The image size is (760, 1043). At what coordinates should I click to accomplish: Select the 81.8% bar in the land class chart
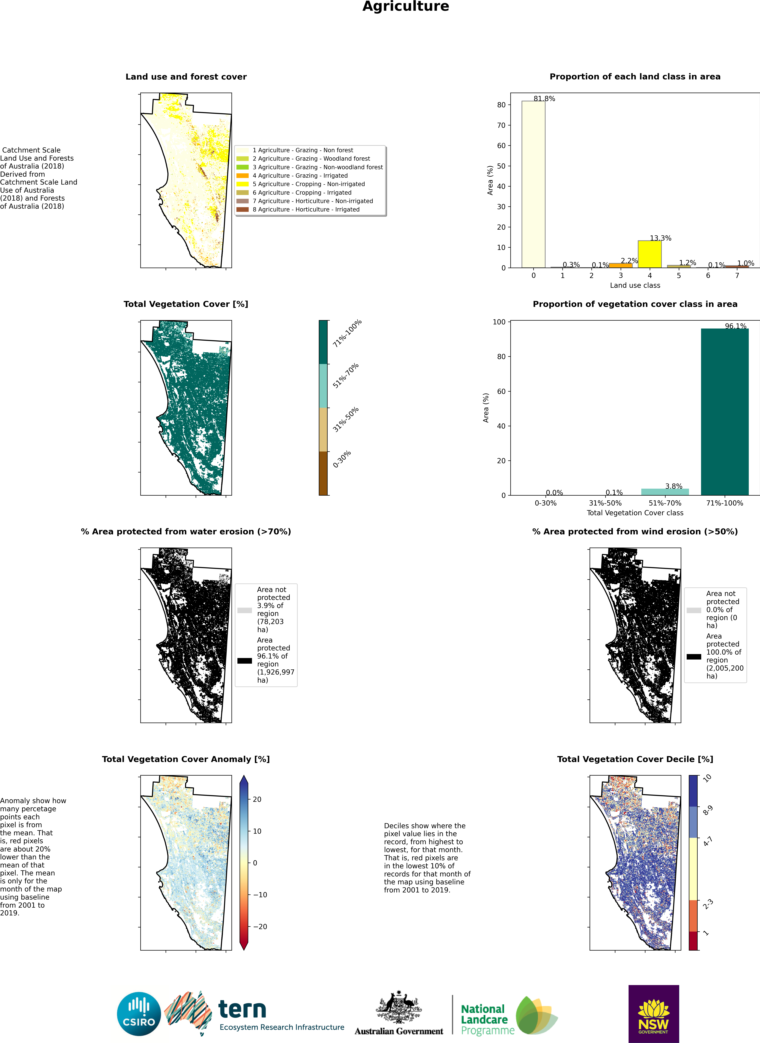pos(533,184)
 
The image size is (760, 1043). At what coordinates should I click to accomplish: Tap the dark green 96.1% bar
pos(725,412)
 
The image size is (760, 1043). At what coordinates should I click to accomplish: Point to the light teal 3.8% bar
pos(665,492)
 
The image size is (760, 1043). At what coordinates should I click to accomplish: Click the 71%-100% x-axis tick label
pos(725,503)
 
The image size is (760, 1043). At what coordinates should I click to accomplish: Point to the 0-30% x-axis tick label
pos(546,503)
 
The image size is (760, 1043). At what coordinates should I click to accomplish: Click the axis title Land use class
pos(635,286)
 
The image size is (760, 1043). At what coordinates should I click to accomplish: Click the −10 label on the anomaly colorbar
pos(260,894)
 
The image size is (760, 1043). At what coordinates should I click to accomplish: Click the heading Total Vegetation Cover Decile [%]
pos(635,759)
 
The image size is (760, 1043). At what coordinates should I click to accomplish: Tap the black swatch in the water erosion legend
pos(244,661)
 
